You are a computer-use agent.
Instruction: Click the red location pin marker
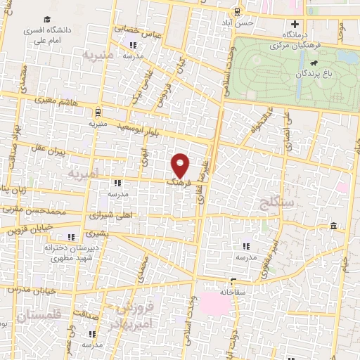tap(181, 165)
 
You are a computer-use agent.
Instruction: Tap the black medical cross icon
tap(295, 24)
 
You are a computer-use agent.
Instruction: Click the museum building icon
tap(333, 226)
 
